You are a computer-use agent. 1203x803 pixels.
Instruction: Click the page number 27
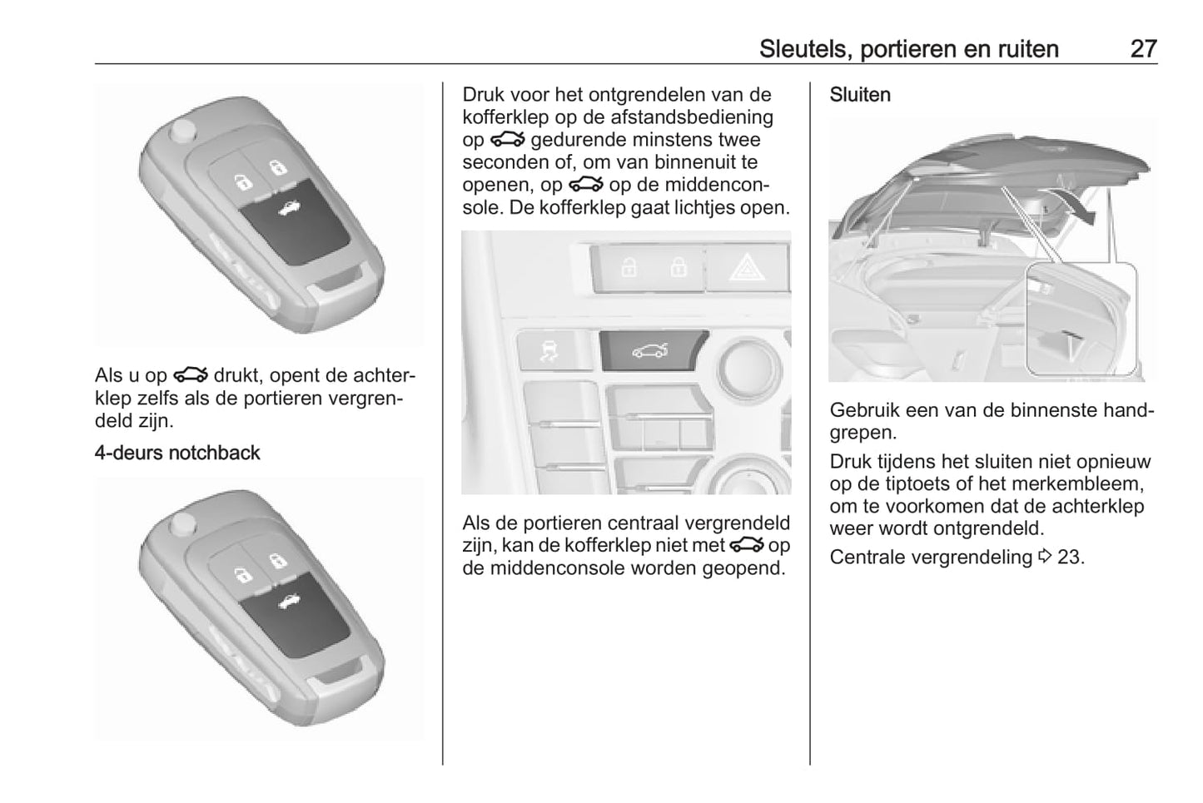[1143, 49]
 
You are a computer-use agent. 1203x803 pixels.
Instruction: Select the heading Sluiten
[860, 95]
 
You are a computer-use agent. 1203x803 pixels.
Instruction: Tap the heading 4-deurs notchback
[177, 453]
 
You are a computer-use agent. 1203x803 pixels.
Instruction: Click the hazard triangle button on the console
[747, 268]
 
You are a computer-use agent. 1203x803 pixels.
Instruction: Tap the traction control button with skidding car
[554, 350]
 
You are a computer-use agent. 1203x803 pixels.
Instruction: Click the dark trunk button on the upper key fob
[294, 221]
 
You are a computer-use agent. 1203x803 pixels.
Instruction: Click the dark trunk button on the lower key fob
[294, 615]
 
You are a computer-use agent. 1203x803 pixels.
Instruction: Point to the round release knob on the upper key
[183, 131]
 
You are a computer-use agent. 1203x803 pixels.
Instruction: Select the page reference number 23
[1071, 558]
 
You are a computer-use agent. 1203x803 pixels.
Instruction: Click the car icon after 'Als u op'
[191, 374]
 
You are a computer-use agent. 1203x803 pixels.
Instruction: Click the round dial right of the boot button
[748, 368]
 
